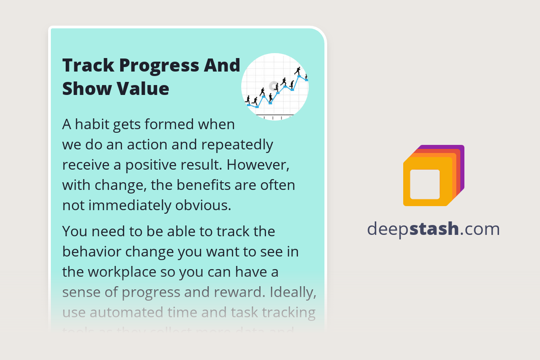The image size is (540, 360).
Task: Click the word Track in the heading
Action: [87, 66]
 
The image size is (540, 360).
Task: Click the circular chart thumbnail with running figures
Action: [275, 87]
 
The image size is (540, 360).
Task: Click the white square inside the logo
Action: [425, 184]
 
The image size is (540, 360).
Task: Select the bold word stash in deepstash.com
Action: [434, 229]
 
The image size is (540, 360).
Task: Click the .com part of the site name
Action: [480, 229]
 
